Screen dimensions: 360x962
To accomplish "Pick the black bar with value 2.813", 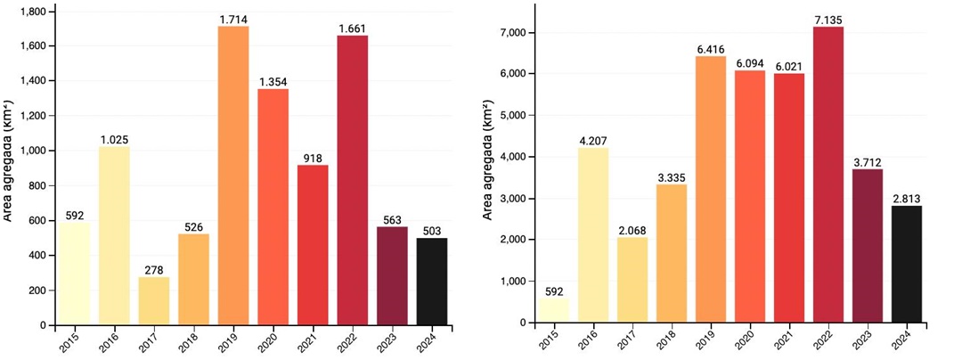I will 906,265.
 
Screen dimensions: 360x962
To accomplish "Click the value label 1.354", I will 273,82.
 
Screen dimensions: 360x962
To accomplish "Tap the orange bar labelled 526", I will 193,280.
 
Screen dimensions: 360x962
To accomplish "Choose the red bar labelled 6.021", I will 788,198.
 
